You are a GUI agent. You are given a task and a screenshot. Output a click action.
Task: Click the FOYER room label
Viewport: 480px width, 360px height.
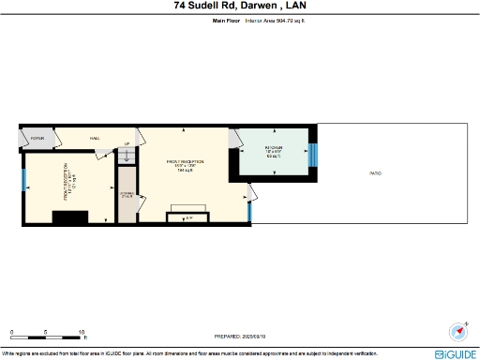coord(37,138)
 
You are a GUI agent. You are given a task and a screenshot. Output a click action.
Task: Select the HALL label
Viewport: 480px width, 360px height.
coord(95,138)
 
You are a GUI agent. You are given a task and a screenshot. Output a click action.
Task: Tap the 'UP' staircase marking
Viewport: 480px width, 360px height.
coord(127,143)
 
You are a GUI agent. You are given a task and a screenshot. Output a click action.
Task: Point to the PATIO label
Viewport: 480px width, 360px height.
coord(375,173)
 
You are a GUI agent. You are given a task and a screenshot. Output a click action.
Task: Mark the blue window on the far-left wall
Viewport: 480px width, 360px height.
coord(23,178)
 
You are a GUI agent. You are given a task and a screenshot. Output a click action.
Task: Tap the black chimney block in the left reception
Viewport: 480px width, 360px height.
coord(67,218)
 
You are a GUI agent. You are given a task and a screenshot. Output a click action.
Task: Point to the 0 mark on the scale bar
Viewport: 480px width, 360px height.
coord(11,333)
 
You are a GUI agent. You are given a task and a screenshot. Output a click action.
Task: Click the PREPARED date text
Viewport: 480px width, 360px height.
coord(240,336)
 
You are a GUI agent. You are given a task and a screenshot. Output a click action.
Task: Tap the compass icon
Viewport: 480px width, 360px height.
coord(458,331)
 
